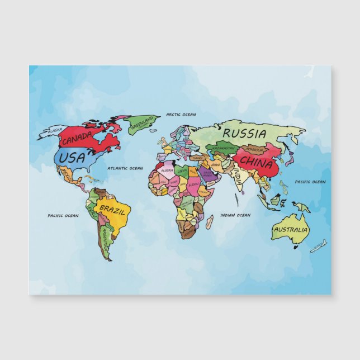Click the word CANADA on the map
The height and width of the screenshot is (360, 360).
[x=77, y=138]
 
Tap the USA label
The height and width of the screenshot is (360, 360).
[x=72, y=158]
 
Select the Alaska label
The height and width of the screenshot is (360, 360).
[x=55, y=130]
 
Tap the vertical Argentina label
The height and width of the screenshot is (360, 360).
[x=105, y=238]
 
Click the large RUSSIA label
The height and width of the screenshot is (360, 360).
[x=244, y=134]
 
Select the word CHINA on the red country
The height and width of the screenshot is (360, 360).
[x=257, y=164]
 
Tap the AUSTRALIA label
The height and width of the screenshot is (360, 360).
[x=291, y=230]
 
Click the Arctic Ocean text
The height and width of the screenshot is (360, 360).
[x=181, y=115]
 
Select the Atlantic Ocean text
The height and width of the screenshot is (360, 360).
[x=125, y=168]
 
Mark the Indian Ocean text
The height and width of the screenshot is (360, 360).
[x=235, y=215]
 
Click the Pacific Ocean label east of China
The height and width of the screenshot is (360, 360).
[x=310, y=182]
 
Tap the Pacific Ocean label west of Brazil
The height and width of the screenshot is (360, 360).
[x=63, y=215]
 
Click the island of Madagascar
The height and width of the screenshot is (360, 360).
[x=209, y=222]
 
